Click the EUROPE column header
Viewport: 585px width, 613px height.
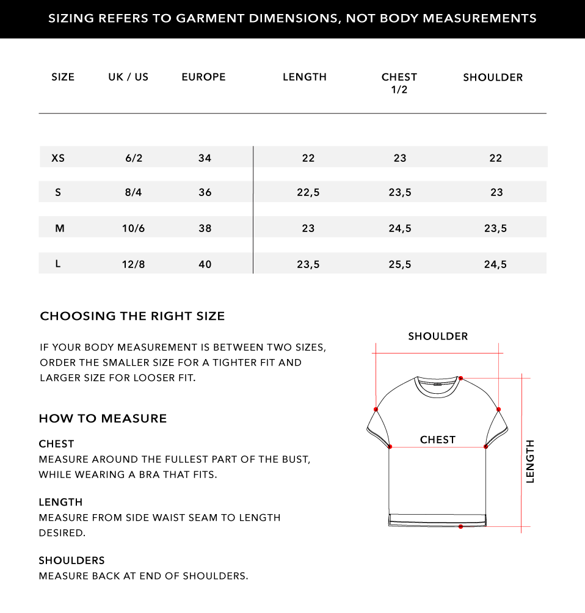(x=203, y=77)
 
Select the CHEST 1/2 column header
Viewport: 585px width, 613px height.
(x=399, y=83)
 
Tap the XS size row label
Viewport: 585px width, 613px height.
(x=58, y=158)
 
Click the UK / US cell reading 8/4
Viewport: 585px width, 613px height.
(x=134, y=192)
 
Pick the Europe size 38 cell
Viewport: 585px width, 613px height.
(x=205, y=228)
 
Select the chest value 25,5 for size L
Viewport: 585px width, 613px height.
(x=400, y=264)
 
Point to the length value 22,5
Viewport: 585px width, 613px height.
(x=308, y=192)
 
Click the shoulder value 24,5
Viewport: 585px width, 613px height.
(x=495, y=264)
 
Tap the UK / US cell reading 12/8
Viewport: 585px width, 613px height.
(x=134, y=264)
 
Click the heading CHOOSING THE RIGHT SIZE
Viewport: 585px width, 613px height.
(x=133, y=316)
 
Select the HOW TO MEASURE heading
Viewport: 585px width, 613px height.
(x=103, y=418)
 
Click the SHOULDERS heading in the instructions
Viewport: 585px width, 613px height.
(x=71, y=560)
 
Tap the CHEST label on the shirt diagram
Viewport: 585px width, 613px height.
(x=438, y=440)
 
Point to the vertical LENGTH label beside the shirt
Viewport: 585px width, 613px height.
(x=530, y=462)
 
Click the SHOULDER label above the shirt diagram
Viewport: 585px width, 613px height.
(x=438, y=336)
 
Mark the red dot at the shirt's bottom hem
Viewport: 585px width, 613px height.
(x=461, y=526)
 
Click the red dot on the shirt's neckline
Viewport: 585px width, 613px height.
(x=461, y=379)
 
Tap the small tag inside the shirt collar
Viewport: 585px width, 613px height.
(x=437, y=385)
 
